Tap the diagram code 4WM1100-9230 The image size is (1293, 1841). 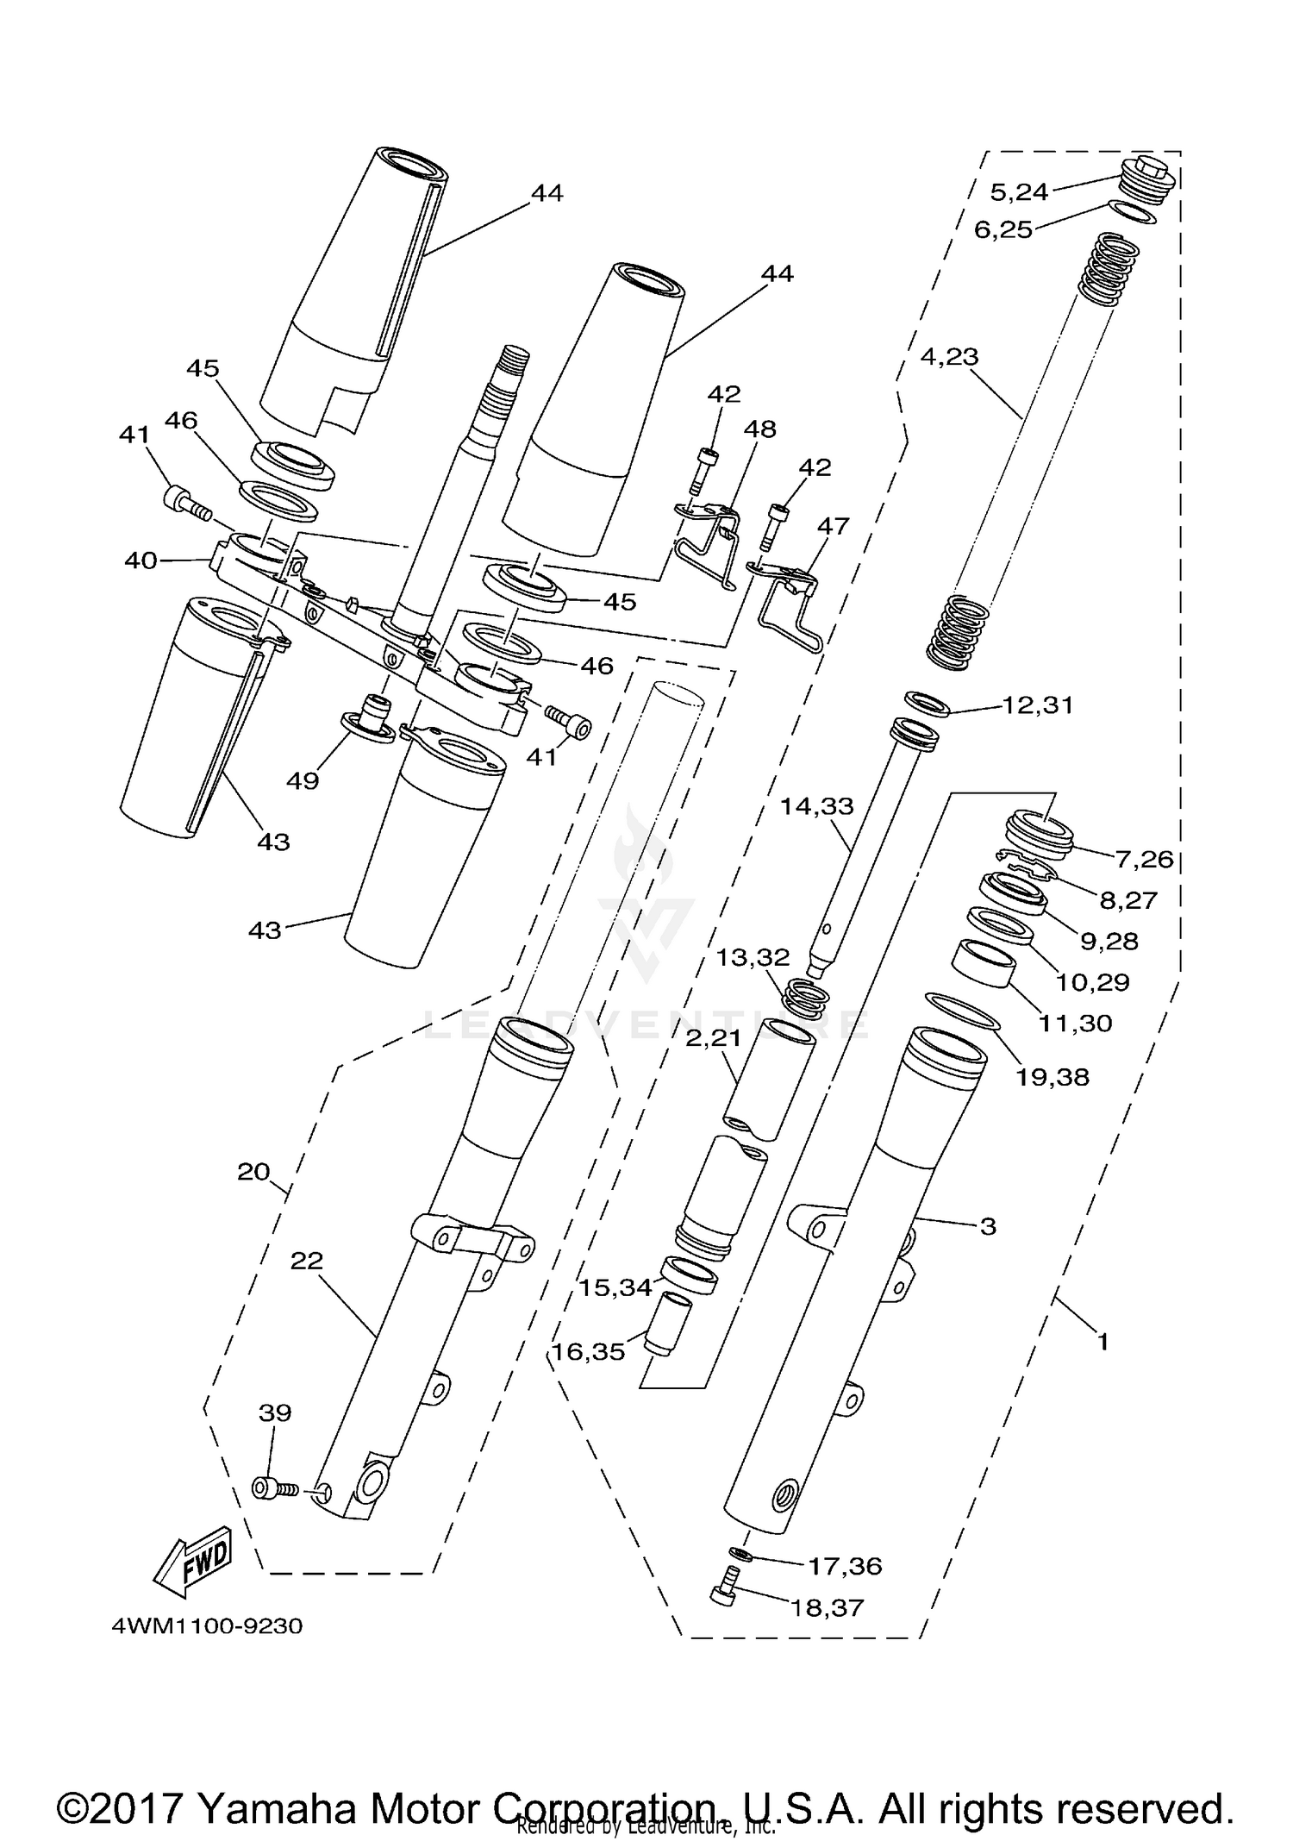pyautogui.click(x=207, y=1627)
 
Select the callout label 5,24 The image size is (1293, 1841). pyautogui.click(x=1019, y=191)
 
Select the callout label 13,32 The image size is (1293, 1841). pyautogui.click(x=753, y=957)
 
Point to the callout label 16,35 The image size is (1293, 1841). pyautogui.click(x=589, y=1351)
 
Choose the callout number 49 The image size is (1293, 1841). pyautogui.click(x=303, y=780)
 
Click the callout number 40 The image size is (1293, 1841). pyautogui.click(x=141, y=560)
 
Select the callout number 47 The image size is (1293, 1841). pyautogui.click(x=833, y=525)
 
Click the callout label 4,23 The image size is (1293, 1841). pyautogui.click(x=950, y=356)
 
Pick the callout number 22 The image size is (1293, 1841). pyautogui.click(x=306, y=1261)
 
